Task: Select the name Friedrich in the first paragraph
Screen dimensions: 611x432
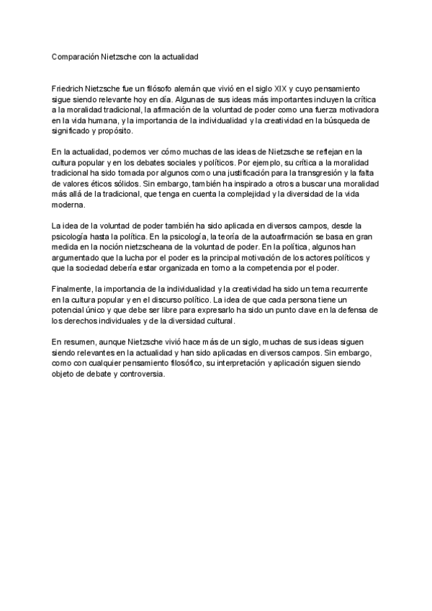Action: tap(69, 86)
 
